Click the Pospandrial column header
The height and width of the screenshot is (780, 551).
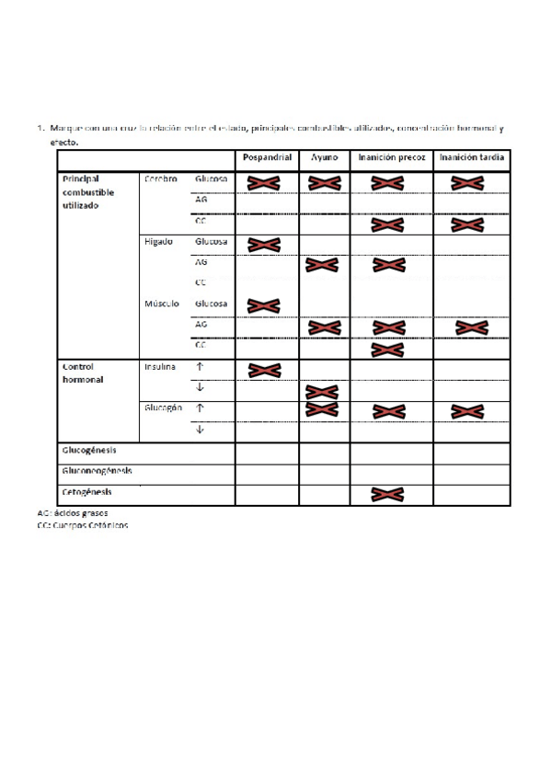(x=268, y=158)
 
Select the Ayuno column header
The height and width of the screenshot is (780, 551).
(x=324, y=158)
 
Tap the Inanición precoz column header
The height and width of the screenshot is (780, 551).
(x=391, y=158)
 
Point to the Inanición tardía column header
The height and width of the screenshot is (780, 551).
(x=471, y=158)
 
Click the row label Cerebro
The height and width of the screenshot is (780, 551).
(x=160, y=178)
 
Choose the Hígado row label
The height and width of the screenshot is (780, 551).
(x=158, y=242)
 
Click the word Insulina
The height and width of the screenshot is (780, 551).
(x=160, y=366)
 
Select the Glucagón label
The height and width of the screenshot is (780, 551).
(x=162, y=407)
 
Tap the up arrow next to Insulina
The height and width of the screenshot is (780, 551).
(x=200, y=366)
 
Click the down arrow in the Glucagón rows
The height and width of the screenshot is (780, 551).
(x=200, y=429)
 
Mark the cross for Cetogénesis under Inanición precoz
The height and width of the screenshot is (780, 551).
(x=387, y=495)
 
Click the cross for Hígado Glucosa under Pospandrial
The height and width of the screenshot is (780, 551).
(x=264, y=245)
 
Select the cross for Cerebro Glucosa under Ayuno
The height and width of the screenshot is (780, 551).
(x=324, y=184)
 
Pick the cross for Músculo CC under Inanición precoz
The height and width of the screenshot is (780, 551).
(x=387, y=349)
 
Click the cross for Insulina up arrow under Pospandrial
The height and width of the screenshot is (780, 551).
(x=264, y=370)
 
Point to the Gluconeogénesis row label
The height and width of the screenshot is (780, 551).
(x=97, y=470)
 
